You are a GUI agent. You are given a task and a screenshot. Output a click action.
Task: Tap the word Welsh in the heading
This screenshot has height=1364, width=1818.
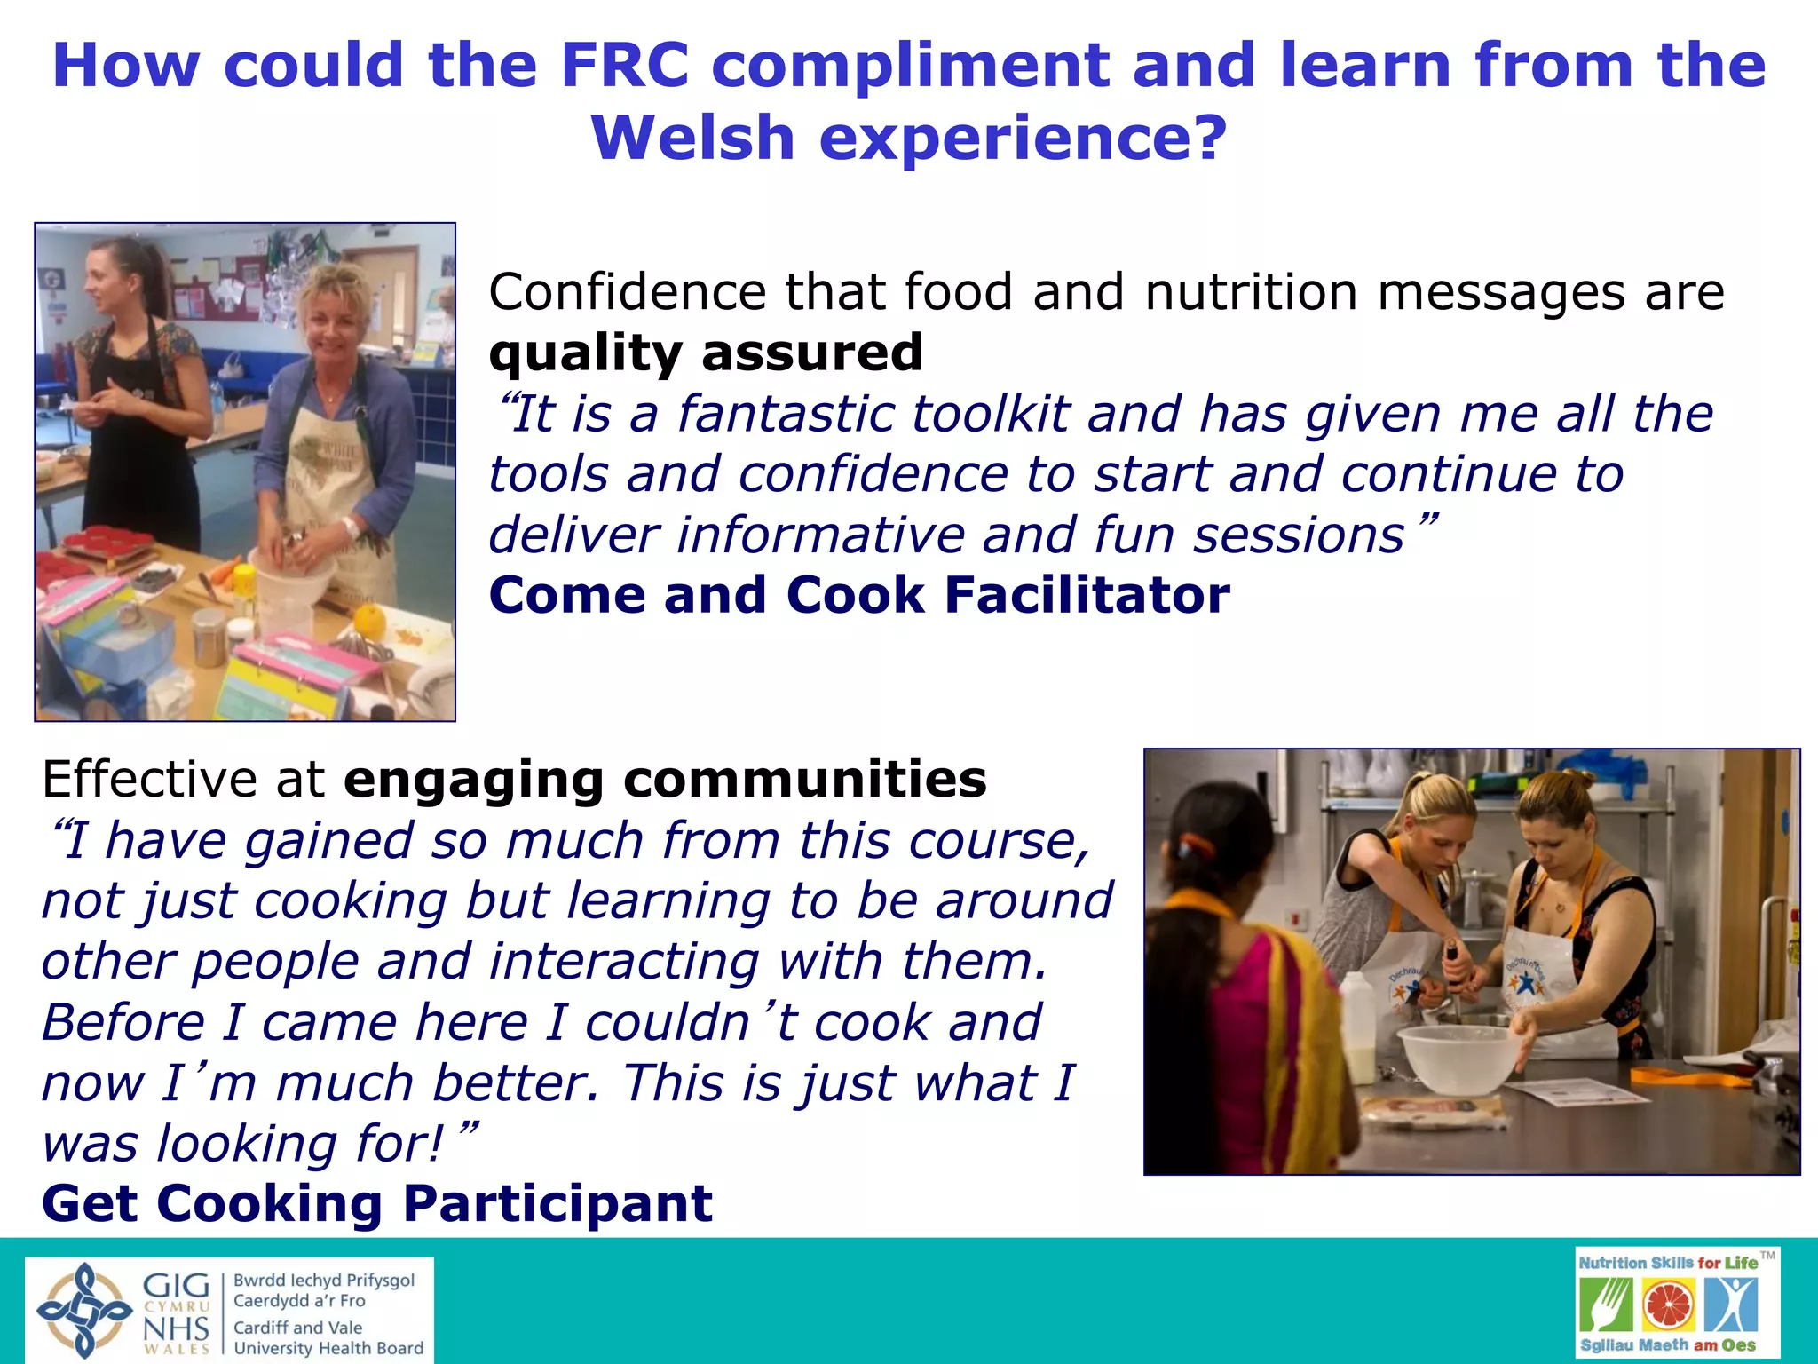coord(692,139)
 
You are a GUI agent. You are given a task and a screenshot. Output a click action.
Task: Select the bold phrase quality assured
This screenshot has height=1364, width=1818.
coord(706,353)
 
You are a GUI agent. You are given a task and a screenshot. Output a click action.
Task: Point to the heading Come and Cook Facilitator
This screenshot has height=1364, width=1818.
coord(858,595)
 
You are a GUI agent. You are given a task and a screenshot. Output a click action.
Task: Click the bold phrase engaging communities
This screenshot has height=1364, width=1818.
coord(665,780)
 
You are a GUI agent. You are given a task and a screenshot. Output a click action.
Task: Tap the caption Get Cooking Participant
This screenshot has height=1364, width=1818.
coord(377,1204)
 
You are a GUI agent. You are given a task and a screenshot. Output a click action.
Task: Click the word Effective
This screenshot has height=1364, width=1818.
coord(148,780)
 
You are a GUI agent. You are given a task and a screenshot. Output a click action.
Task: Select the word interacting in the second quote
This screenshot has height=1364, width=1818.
coord(623,962)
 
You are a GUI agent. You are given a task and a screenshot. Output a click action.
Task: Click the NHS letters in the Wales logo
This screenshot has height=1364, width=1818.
coord(176,1328)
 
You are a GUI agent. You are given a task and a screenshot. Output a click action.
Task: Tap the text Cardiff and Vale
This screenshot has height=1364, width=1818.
coord(297,1328)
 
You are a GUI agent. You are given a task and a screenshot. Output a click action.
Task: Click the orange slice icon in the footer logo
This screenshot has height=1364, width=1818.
coord(1668,1306)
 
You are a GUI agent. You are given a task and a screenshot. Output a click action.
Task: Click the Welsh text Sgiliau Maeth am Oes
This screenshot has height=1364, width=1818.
coord(1667,1345)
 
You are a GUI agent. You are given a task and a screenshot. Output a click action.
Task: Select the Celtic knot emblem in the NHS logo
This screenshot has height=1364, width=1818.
coord(83,1311)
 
